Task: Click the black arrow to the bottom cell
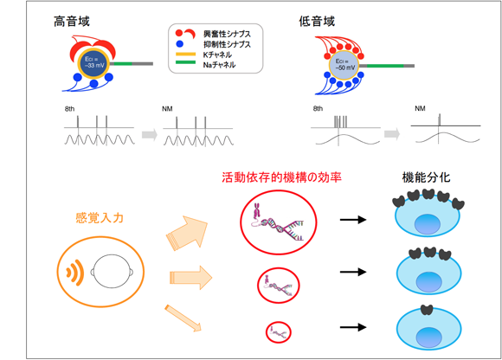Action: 353,329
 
